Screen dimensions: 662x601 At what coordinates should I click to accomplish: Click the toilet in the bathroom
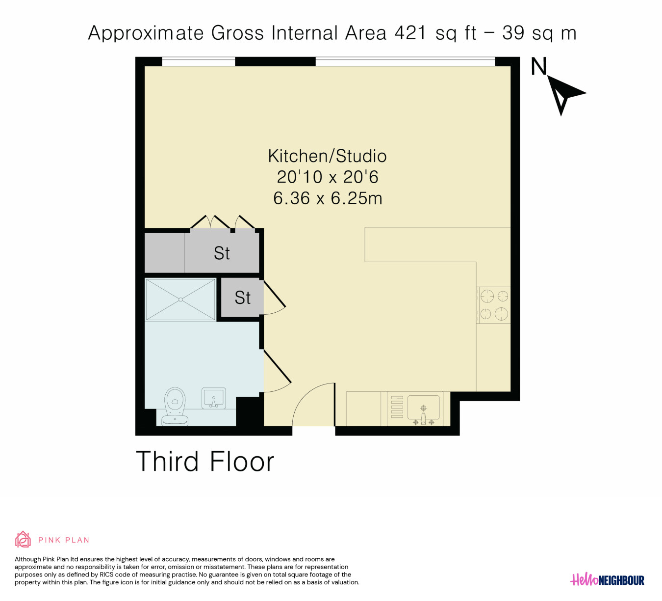pos(175,407)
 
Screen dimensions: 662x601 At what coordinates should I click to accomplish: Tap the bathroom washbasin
pos(213,398)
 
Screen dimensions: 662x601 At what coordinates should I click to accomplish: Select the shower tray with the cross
pos(180,300)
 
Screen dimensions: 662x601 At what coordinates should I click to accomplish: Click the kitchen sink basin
pos(423,408)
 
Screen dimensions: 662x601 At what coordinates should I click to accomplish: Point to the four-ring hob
pos(494,305)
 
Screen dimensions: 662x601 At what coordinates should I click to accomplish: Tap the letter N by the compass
pos(538,66)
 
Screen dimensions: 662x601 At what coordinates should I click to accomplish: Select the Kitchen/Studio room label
pos(327,156)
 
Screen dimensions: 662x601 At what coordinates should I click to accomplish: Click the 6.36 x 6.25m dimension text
pos(328,199)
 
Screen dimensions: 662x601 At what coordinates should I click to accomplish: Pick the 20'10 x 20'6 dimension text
pos(328,177)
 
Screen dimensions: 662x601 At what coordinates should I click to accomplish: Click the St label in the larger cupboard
pos(222,253)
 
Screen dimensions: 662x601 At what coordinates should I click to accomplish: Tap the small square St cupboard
pos(242,298)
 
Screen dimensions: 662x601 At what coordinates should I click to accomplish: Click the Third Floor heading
pos(205,462)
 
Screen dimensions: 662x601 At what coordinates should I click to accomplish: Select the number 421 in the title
pos(410,33)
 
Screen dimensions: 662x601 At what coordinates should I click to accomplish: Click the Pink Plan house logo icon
pos(23,540)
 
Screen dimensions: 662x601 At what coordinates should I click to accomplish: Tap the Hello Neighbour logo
pos(607,580)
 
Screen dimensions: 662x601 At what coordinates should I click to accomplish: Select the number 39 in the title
pos(513,33)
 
